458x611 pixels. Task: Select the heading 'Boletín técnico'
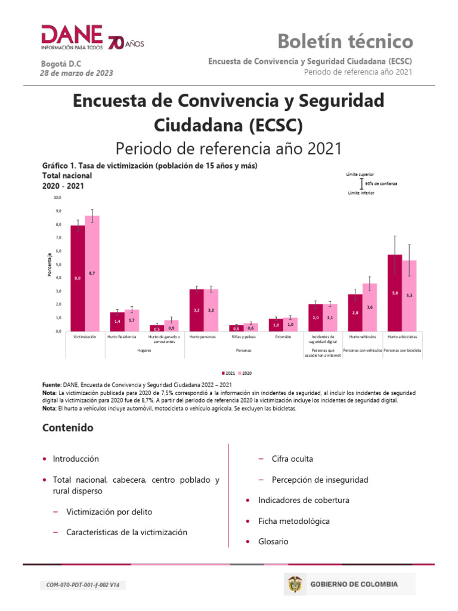click(345, 41)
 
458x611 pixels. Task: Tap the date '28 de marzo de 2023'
click(76, 73)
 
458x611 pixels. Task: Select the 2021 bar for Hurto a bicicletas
click(395, 292)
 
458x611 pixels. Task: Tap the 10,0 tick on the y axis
click(57, 197)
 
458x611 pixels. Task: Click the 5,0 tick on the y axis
click(57, 264)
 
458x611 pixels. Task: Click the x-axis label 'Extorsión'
click(283, 337)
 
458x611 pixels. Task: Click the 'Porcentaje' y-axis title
click(49, 264)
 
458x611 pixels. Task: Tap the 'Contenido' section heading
click(68, 428)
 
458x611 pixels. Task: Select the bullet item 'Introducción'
click(76, 459)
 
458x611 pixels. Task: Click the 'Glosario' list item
click(273, 541)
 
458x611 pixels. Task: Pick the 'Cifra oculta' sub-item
click(292, 459)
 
